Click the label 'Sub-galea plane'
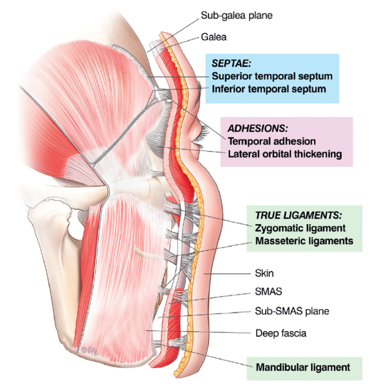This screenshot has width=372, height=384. (236, 16)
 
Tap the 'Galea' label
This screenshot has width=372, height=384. (214, 37)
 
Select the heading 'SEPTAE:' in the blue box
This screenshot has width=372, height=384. (231, 64)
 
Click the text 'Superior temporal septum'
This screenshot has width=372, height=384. (272, 76)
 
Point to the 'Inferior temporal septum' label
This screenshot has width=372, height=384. (269, 89)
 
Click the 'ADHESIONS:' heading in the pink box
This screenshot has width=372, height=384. (257, 128)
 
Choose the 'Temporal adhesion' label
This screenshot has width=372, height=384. (271, 141)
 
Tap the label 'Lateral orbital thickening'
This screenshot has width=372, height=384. (285, 154)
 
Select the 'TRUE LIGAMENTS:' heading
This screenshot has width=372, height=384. (298, 216)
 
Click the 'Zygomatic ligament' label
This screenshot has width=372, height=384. (300, 228)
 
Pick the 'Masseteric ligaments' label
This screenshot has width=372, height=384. (304, 241)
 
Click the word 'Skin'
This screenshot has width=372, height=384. (264, 273)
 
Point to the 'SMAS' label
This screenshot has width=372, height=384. (269, 292)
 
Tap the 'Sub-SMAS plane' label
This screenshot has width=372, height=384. (292, 311)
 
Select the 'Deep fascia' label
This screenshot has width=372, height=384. (281, 333)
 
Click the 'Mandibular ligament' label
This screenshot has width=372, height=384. (303, 367)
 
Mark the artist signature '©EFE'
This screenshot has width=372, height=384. (90, 351)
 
